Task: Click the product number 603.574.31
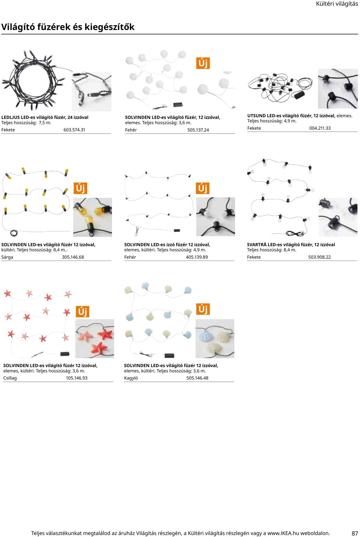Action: pos(74,130)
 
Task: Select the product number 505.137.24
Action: pos(198,130)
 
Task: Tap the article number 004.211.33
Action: pos(320,128)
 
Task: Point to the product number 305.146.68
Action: pos(73,257)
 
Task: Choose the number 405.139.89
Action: pos(197,257)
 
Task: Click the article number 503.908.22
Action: pos(319,257)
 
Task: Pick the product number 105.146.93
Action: pos(77,378)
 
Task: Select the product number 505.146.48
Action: pos(197,378)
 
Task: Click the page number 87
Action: pos(355,533)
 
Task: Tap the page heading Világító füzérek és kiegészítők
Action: pos(68,27)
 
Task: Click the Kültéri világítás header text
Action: pos(337,4)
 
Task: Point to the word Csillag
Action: pos(10,378)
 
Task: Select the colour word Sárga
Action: pos(7,257)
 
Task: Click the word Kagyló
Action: pos(131,378)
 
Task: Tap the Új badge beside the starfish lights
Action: pos(82,312)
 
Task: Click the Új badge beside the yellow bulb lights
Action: pos(80,188)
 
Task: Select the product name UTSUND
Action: pos(256,116)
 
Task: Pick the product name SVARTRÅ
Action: pos(257,245)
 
